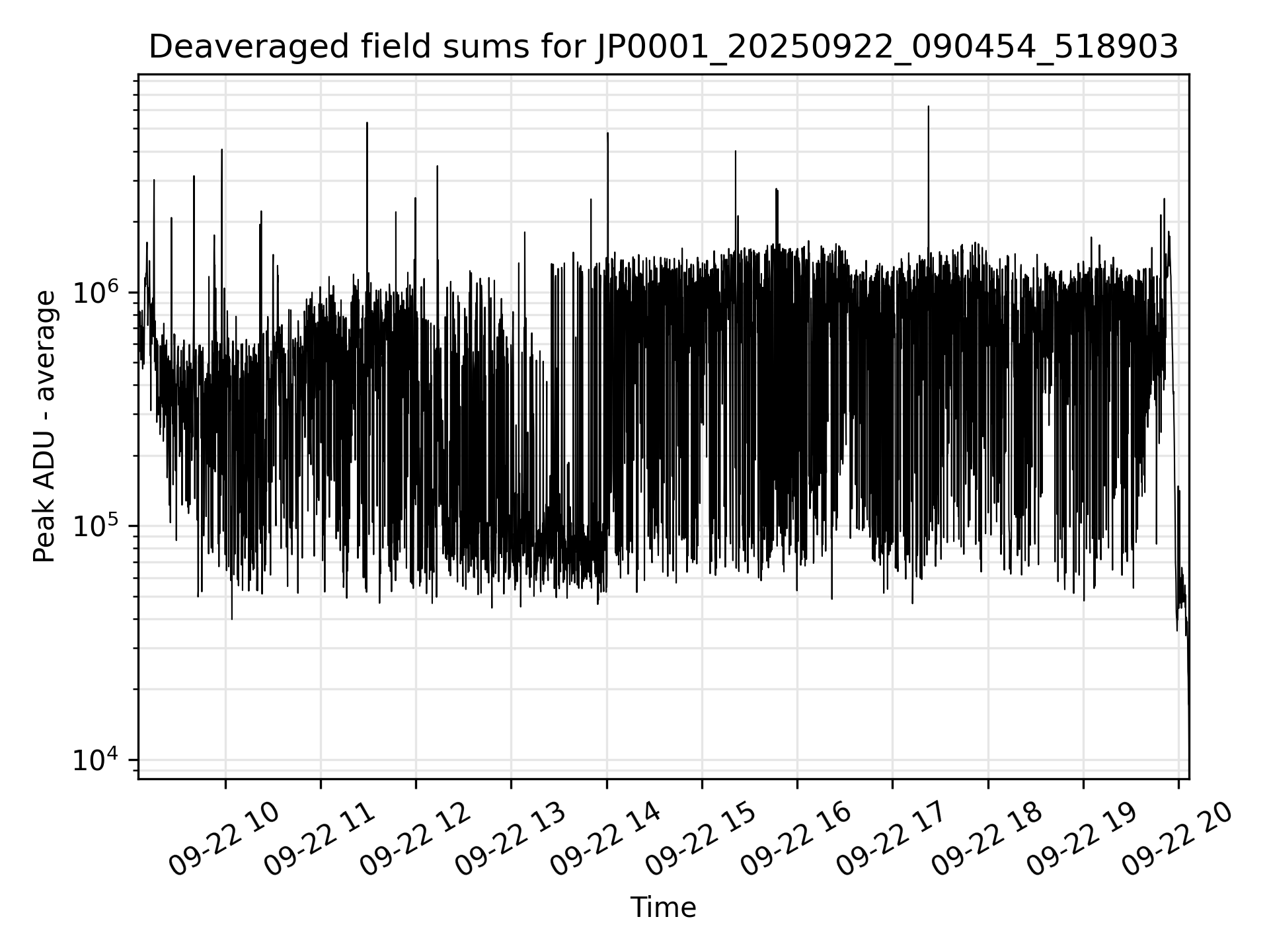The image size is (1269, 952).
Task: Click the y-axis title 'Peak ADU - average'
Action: point(45,427)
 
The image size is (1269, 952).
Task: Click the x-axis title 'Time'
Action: point(663,907)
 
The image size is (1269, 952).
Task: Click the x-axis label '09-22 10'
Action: point(224,842)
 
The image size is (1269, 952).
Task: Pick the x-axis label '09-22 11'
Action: point(319,842)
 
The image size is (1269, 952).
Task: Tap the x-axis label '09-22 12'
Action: point(414,842)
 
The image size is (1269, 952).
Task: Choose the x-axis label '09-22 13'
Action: point(510,842)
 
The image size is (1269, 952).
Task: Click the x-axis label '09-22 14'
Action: point(605,842)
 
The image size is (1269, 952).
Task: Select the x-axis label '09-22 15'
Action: point(701,842)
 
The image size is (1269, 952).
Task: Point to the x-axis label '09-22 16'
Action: point(796,842)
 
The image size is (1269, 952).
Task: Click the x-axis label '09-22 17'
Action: point(891,842)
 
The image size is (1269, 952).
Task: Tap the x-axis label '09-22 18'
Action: point(987,842)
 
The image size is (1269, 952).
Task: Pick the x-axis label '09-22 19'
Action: point(1082,842)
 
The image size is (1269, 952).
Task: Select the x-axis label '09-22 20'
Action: point(1177,842)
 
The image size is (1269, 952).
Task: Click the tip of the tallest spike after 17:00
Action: point(928,106)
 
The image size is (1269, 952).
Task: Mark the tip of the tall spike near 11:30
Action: point(367,123)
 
